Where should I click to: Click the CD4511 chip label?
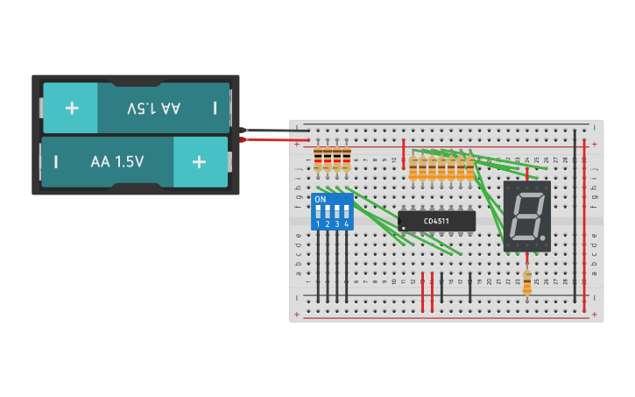437,221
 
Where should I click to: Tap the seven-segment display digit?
526,216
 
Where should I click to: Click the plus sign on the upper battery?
71,108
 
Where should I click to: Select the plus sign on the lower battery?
199,162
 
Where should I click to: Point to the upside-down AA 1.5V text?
153,108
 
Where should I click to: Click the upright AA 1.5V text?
117,162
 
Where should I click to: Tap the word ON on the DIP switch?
320,200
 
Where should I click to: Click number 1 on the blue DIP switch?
318,225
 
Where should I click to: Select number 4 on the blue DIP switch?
347,225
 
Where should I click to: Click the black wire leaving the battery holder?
272,131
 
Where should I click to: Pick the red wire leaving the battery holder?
272,139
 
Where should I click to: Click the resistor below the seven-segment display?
526,281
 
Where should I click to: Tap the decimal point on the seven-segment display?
544,239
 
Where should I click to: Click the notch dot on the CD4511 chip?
403,228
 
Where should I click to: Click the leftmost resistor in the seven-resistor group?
413,167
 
